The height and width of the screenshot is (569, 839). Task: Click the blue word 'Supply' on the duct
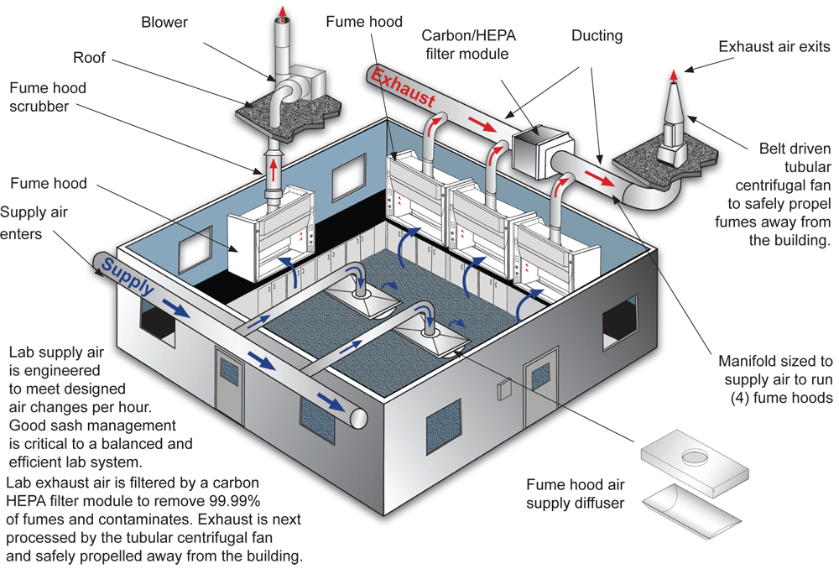(128, 277)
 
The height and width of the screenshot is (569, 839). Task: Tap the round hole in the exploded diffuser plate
(695, 457)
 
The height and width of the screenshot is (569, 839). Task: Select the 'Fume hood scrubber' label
(48, 97)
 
